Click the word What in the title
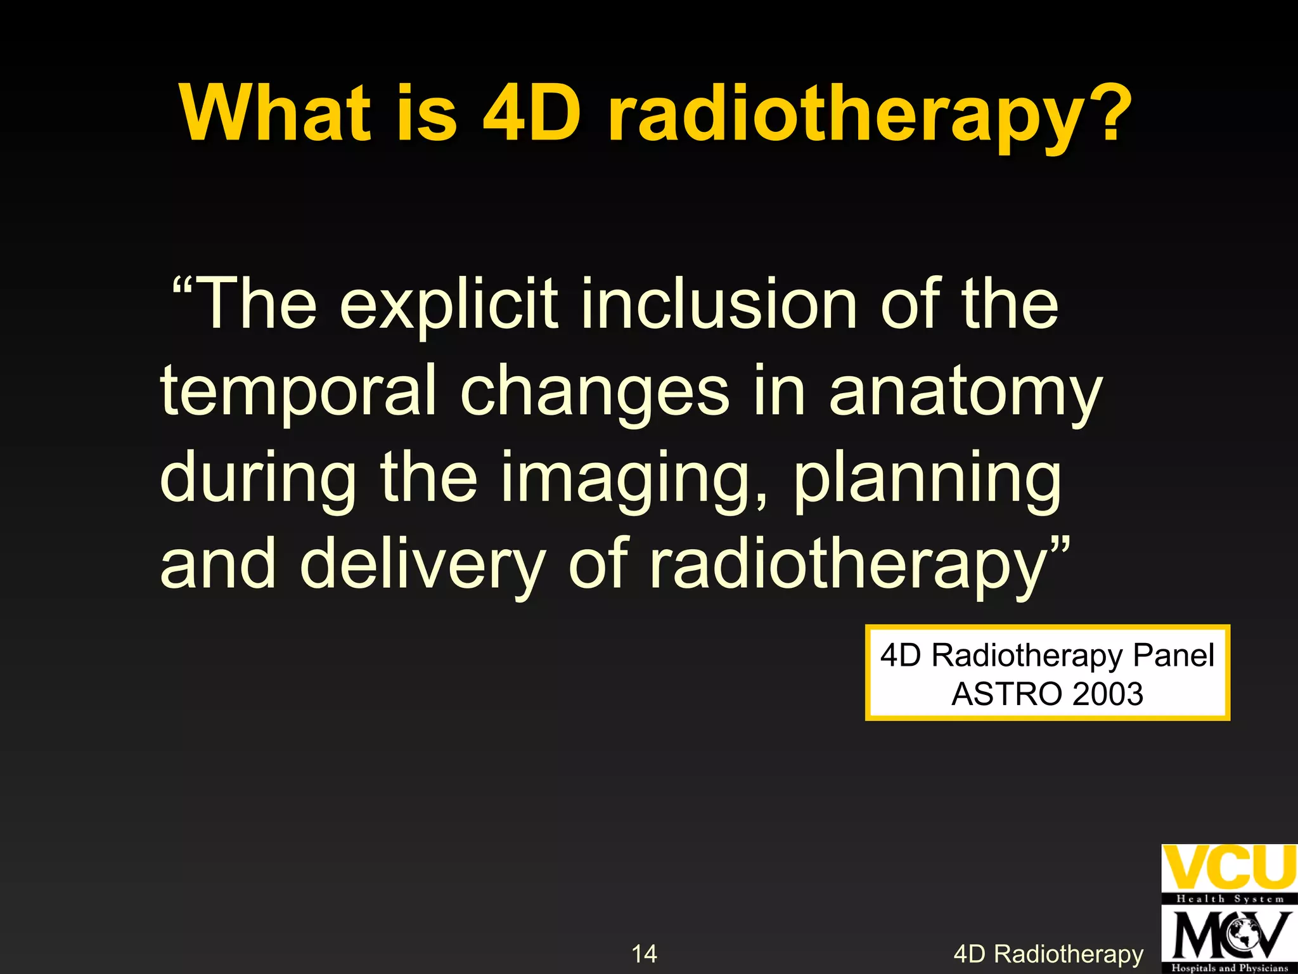[275, 114]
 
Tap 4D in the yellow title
[532, 114]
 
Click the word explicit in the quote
[449, 306]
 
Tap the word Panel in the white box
[1173, 655]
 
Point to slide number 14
[644, 954]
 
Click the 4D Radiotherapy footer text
[1048, 954]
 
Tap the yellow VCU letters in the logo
[1228, 867]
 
